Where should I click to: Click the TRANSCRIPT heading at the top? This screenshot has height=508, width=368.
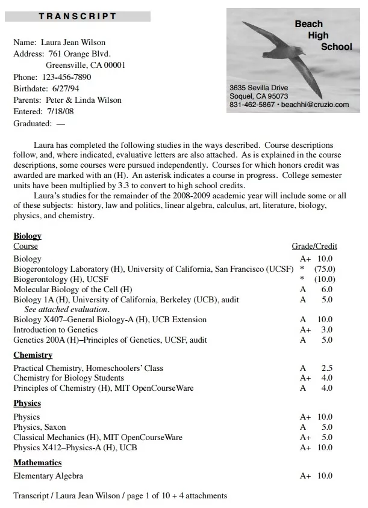click(x=78, y=16)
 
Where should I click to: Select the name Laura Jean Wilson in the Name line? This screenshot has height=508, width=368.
click(x=73, y=43)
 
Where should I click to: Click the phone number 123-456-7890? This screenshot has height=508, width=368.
click(x=67, y=78)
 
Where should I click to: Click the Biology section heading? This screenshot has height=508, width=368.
click(x=27, y=236)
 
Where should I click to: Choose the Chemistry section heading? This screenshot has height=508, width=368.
click(x=33, y=355)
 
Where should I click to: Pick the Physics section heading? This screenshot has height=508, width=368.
click(x=27, y=403)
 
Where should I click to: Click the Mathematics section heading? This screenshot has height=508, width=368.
click(x=37, y=463)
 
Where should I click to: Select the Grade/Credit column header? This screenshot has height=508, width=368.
click(x=314, y=246)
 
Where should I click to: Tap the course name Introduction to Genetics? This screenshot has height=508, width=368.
click(x=55, y=329)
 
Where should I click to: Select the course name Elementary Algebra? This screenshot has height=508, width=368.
click(x=48, y=476)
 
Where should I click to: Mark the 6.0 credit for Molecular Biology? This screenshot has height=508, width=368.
click(x=327, y=289)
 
